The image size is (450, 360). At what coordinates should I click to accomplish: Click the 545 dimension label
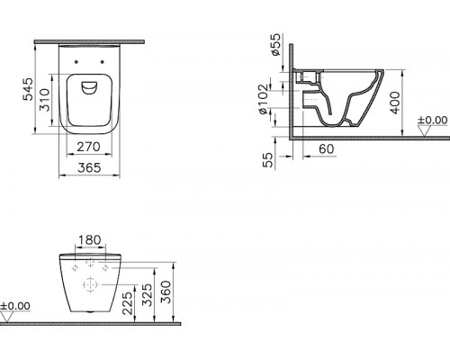(29, 89)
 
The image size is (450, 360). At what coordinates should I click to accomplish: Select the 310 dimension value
(44, 100)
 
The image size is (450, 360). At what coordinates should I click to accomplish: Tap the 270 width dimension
(88, 147)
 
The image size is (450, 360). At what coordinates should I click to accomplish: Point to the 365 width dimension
(89, 167)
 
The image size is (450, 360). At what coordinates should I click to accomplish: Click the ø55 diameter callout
(275, 44)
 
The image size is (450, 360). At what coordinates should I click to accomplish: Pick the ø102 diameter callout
(263, 99)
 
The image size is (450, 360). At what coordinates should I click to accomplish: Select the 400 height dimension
(395, 103)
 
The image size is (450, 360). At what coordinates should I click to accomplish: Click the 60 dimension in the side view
(326, 148)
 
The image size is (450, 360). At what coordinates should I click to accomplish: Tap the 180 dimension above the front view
(89, 240)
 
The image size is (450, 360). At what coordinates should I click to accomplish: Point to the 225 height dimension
(128, 303)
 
